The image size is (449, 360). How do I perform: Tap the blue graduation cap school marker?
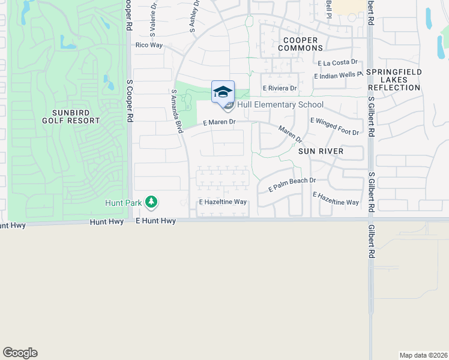223,92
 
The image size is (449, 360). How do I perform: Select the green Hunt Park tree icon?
152,202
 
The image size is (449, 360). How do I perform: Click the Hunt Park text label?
123,203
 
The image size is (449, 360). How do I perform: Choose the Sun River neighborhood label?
321,151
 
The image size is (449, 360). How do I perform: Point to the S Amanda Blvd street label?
176,111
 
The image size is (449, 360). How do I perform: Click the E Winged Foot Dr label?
334,127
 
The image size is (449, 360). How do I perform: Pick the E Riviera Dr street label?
279,88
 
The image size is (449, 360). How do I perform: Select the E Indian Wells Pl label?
339,76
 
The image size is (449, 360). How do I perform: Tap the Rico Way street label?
149,45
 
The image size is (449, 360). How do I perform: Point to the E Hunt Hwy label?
155,221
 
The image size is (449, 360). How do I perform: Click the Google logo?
20,353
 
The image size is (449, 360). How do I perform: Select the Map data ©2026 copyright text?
423,355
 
